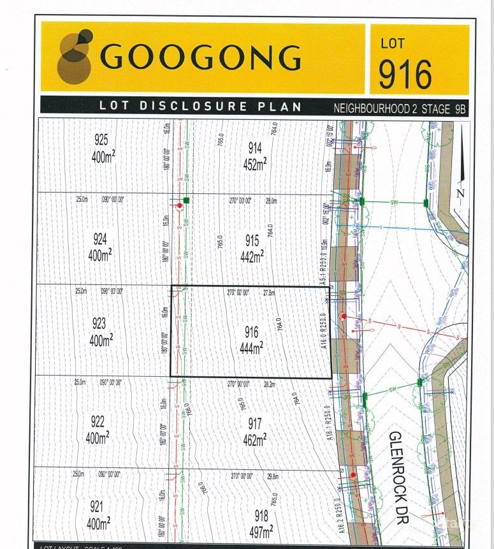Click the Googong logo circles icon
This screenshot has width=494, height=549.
coord(75,56)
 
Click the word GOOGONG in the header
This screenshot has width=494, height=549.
coord(200,57)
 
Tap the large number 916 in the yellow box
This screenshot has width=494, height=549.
coord(405,74)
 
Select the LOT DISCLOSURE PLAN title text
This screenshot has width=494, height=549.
coord(200,106)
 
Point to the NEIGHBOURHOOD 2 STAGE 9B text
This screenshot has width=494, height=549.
coord(400,108)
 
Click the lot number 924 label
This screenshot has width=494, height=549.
coord(99,240)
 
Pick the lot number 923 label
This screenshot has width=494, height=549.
coord(99,323)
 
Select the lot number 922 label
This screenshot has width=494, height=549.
coord(98,421)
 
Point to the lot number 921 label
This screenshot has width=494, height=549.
coord(96,508)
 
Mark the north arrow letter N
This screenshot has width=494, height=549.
coord(461,193)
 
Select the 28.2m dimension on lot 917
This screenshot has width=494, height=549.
coord(270,384)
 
